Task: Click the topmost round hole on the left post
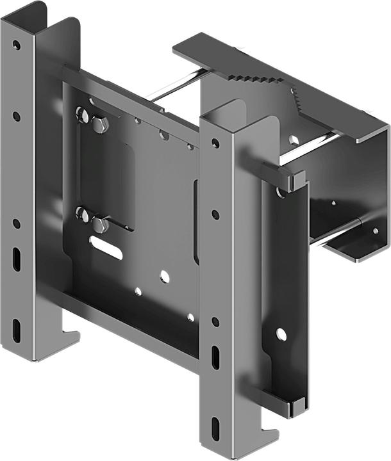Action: click(x=16, y=45)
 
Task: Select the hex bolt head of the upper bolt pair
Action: click(x=99, y=124)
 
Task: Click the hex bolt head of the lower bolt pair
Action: click(x=100, y=224)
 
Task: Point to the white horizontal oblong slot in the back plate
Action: click(x=106, y=248)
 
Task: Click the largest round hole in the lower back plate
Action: click(x=165, y=276)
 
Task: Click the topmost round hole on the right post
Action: click(x=216, y=143)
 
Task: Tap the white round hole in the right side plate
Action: click(x=281, y=334)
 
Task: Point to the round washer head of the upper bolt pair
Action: click(x=83, y=116)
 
